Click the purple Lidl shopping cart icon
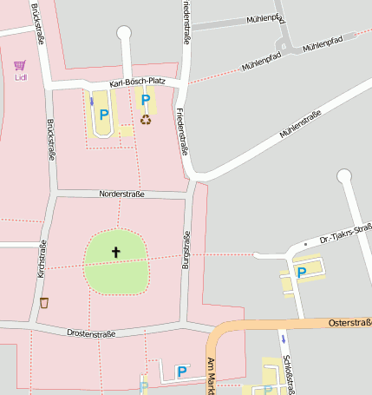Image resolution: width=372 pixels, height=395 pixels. point(20,64)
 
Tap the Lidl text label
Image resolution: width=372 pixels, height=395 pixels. point(21,77)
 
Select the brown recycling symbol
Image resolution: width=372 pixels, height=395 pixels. point(146,119)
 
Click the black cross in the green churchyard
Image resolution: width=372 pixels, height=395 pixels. point(116,253)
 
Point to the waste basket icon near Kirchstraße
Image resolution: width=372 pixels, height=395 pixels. point(44,303)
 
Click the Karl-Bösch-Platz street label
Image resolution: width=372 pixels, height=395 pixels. point(137,83)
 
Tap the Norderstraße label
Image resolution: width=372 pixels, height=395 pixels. point(121,194)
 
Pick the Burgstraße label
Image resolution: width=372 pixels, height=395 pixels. point(185,254)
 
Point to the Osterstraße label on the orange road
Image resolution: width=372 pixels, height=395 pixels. point(349,322)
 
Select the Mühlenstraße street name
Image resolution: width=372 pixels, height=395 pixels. point(300,125)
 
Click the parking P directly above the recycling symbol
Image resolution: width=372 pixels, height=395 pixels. point(146,101)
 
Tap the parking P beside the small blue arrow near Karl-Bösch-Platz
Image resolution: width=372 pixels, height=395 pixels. point(104,114)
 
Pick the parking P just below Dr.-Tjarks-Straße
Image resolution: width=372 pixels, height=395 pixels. point(302,272)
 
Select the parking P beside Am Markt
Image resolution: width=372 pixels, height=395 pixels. point(182,372)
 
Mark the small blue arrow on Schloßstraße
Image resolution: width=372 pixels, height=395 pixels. point(282,337)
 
